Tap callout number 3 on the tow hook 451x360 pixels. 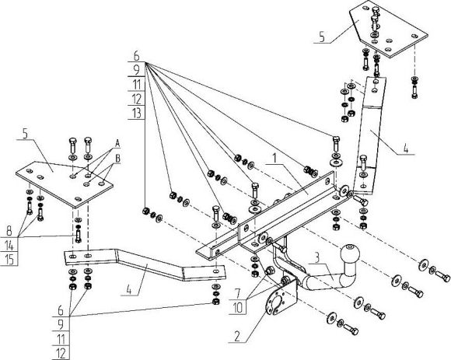[317, 257]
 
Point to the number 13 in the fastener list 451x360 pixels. [136, 114]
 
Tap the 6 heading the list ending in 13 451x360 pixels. [136, 57]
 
